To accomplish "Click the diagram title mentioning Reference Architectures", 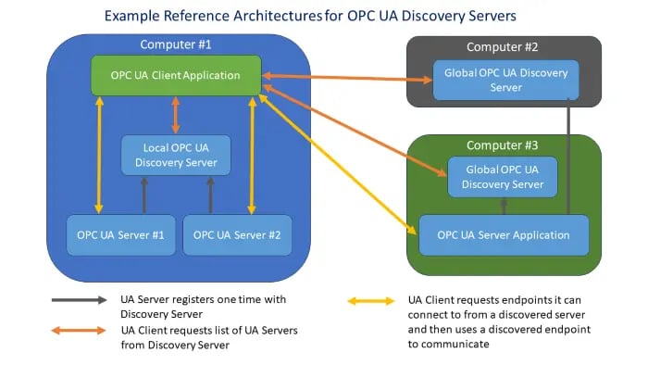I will click(x=323, y=16).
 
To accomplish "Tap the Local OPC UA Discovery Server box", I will click(x=175, y=155).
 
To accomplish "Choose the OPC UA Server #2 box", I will click(x=236, y=235).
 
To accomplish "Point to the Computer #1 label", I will click(x=175, y=44).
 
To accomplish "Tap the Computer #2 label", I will click(x=504, y=46).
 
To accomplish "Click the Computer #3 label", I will click(x=503, y=145).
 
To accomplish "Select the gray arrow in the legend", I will click(x=79, y=300).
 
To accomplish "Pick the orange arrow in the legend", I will click(x=79, y=331).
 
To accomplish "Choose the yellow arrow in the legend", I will click(x=372, y=300).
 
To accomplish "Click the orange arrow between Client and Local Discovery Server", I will click(x=176, y=114).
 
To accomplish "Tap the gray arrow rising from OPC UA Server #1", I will click(x=143, y=195).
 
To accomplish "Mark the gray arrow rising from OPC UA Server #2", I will click(x=211, y=195).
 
